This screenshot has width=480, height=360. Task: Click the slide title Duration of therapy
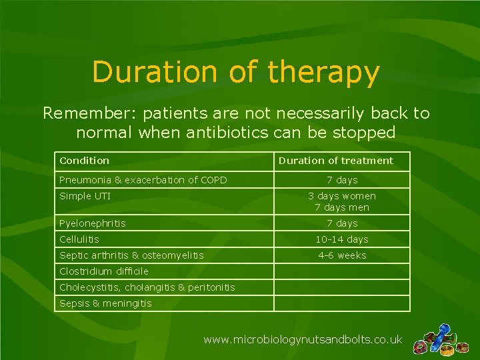pos(236,73)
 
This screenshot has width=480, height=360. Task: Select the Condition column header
pos(84,161)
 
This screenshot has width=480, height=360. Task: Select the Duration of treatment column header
pos(335,161)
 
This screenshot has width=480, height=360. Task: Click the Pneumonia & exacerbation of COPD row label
pos(143,180)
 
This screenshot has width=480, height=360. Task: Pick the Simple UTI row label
pos(85,196)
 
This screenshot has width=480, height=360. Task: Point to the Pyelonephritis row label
pos(93,223)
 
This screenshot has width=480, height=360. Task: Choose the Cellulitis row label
pos(79,239)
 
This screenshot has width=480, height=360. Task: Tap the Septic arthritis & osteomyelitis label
pos(131,255)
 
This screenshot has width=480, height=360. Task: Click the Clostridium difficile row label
pos(104,271)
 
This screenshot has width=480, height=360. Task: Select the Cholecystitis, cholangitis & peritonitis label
pos(147,287)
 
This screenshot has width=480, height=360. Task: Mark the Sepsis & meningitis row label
pos(105,303)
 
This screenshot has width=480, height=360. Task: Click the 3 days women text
pos(342,196)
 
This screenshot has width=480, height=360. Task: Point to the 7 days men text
pos(342,207)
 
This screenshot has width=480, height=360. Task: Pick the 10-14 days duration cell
pos(342,239)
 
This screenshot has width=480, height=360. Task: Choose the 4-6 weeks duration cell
pos(342,255)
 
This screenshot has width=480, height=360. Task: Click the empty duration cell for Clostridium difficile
pos(342,271)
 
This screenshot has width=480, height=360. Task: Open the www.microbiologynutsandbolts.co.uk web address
pos(303,340)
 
